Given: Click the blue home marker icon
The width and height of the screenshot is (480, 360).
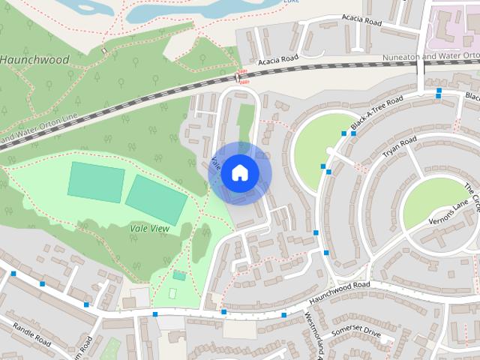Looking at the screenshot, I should pyautogui.click(x=239, y=172).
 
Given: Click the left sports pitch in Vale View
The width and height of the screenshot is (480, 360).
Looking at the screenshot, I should pyautogui.click(x=96, y=181).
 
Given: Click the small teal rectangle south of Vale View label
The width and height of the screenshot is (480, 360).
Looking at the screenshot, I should pyautogui.click(x=178, y=275).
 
